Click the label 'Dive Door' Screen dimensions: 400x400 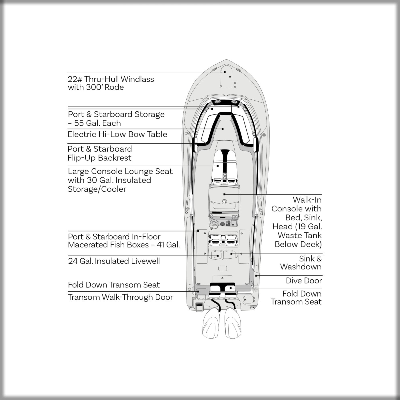click(304, 281)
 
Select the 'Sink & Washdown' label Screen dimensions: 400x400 click(301, 263)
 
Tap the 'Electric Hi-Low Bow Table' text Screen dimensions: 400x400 click(117, 134)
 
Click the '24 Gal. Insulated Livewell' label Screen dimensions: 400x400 click(114, 261)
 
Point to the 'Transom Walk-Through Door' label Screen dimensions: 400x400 click(120, 297)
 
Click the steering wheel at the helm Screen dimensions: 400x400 click(213, 225)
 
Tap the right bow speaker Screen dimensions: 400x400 click(234, 102)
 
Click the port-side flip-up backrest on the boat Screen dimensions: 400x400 click(195, 145)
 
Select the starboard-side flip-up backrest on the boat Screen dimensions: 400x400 click(256, 145)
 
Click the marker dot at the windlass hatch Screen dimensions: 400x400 click(225, 72)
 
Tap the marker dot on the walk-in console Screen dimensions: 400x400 click(225, 194)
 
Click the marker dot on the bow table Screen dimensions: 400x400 click(223, 129)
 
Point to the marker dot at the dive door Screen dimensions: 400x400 click(256, 276)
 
